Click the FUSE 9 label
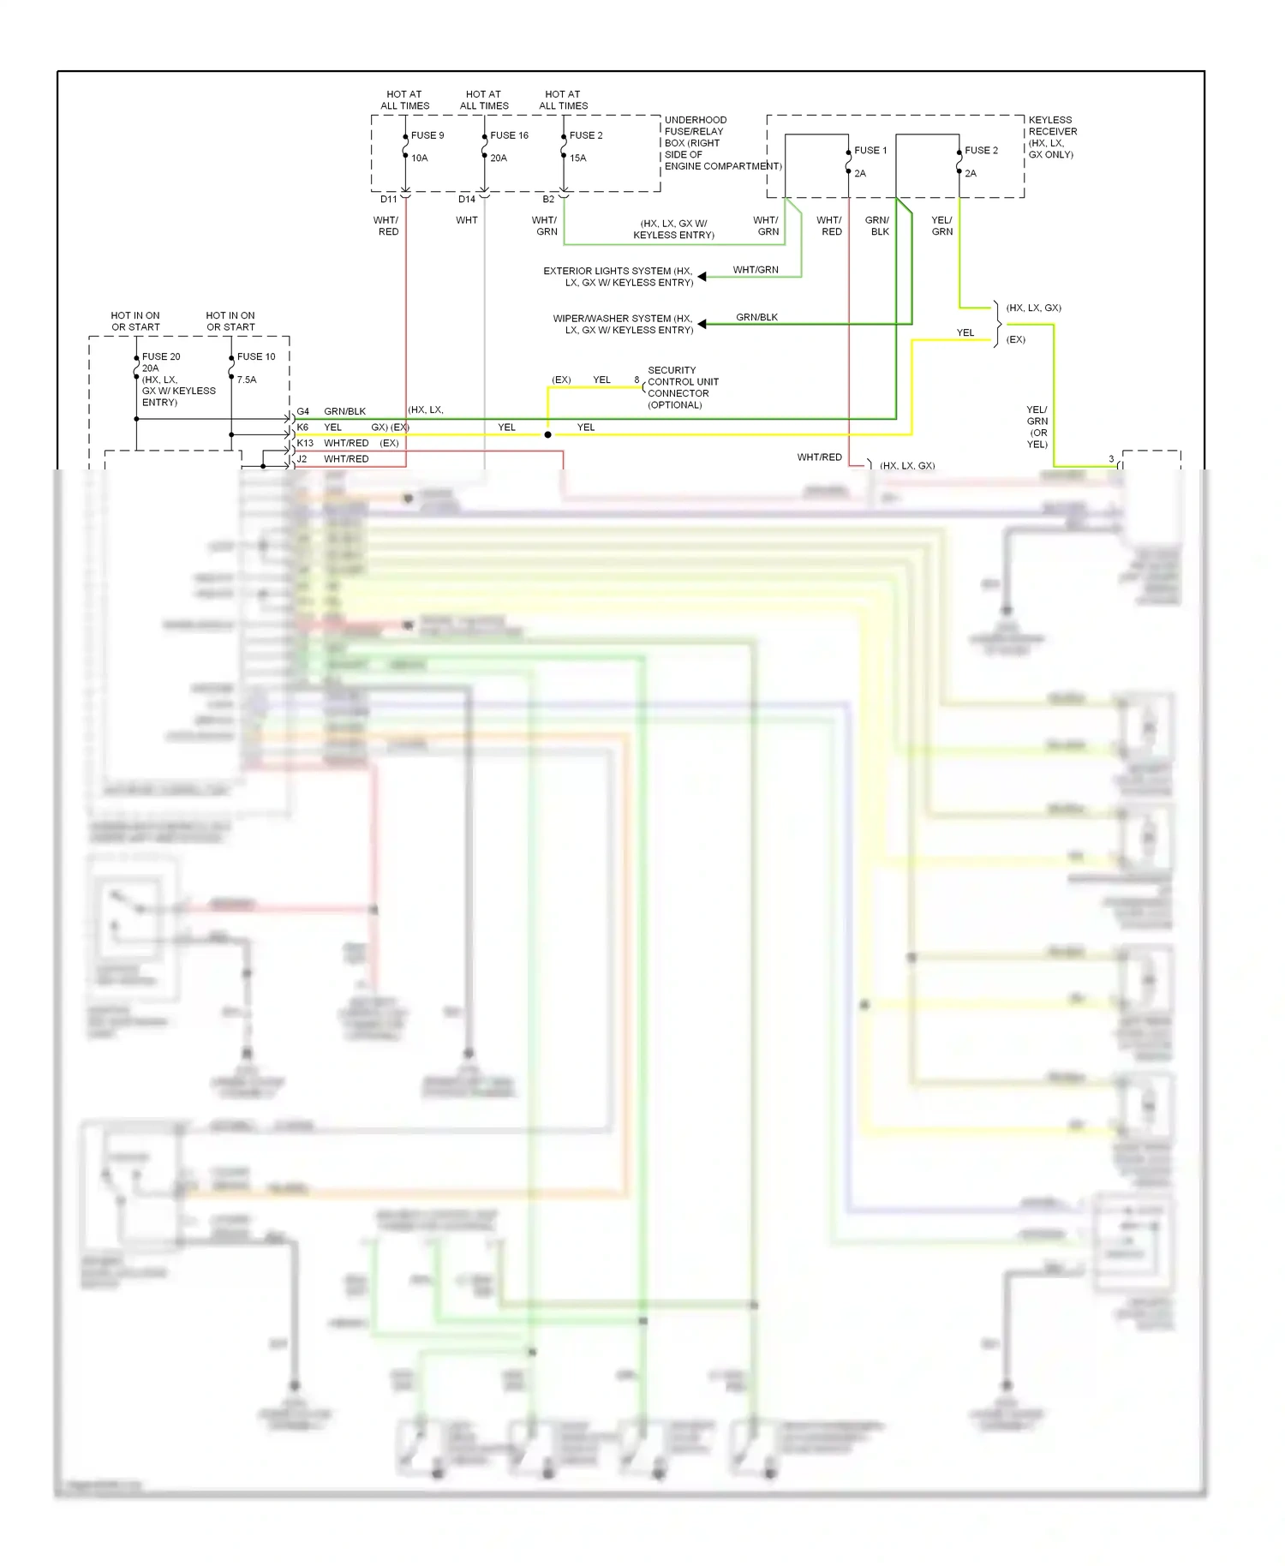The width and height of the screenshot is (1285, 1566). click(x=427, y=135)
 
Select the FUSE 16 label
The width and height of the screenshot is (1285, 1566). click(x=509, y=135)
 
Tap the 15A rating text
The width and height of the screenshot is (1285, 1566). click(x=578, y=158)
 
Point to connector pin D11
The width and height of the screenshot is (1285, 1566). click(x=389, y=200)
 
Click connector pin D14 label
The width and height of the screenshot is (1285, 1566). click(x=467, y=200)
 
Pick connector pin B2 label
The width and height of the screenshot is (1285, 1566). click(x=548, y=200)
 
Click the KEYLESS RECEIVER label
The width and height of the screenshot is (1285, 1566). click(x=1052, y=137)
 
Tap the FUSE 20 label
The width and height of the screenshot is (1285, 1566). click(x=161, y=357)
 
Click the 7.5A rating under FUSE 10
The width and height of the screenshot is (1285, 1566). click(x=247, y=380)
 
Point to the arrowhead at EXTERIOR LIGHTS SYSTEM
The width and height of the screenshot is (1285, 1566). click(x=702, y=277)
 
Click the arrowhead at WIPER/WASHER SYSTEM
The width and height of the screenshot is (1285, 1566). click(x=702, y=324)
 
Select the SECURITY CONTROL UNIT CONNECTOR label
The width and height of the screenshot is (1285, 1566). click(x=682, y=388)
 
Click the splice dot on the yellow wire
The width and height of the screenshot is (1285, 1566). click(x=548, y=435)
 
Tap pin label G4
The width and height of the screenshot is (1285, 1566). click(x=303, y=412)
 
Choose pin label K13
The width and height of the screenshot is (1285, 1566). click(x=305, y=444)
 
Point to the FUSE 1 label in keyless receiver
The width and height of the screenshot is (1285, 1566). click(x=870, y=151)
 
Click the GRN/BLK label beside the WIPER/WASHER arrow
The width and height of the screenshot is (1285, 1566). click(x=757, y=318)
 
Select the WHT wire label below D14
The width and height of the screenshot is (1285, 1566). click(x=467, y=221)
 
